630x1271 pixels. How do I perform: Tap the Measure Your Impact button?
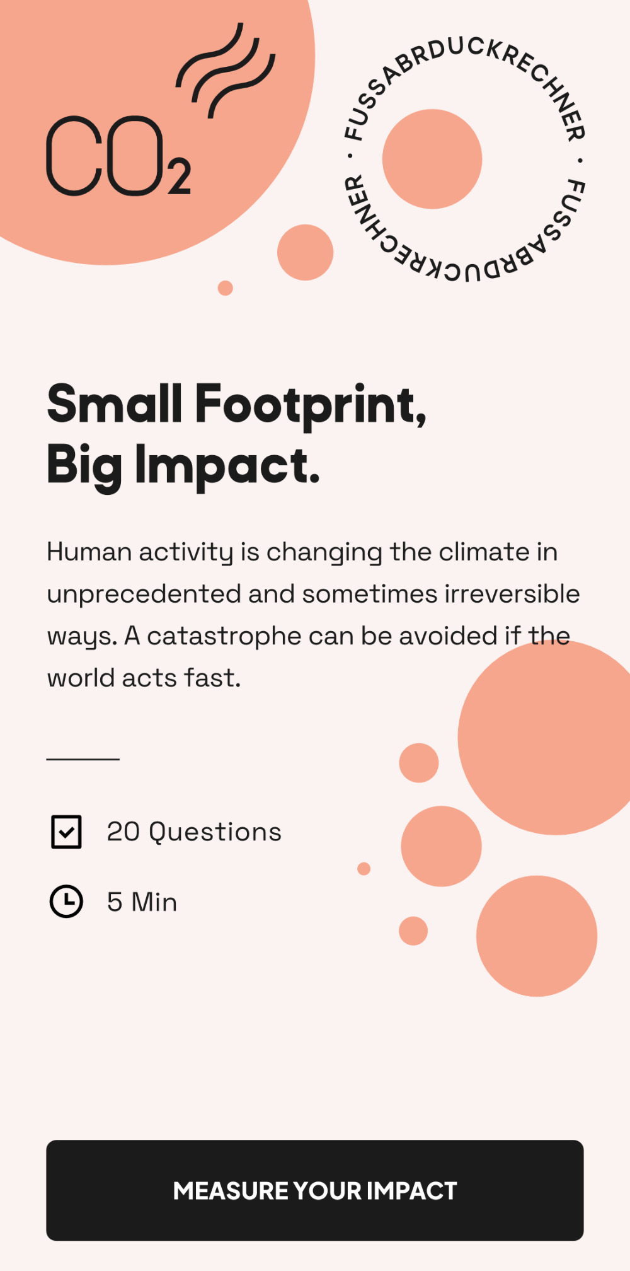(x=314, y=1190)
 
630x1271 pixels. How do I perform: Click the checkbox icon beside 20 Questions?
(x=66, y=832)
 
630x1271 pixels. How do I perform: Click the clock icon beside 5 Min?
(x=66, y=901)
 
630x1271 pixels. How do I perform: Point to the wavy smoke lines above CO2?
(x=225, y=71)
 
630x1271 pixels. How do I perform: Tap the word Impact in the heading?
(x=227, y=466)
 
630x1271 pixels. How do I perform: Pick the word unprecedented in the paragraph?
(x=144, y=594)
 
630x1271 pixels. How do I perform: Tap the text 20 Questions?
(x=194, y=832)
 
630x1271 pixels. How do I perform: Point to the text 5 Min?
(x=142, y=902)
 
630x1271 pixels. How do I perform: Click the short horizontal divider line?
(x=83, y=759)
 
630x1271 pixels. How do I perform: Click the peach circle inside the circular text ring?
(x=432, y=159)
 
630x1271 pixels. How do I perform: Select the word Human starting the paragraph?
(x=89, y=552)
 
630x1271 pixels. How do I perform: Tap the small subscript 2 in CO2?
(x=180, y=178)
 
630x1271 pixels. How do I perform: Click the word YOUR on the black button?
(x=327, y=1191)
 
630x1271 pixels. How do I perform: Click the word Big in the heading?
(x=84, y=466)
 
